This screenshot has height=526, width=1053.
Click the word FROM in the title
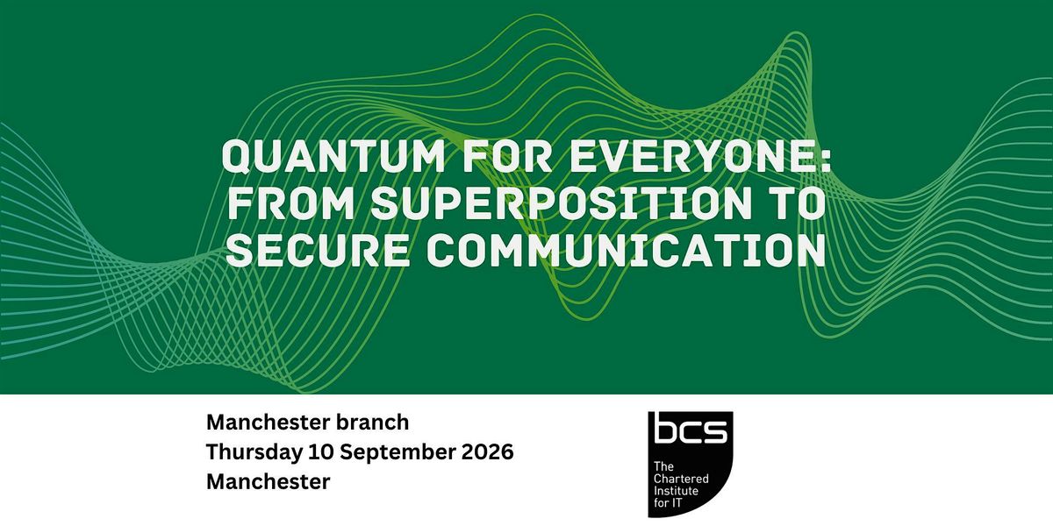click(291, 203)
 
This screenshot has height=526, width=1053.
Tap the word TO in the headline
click(798, 203)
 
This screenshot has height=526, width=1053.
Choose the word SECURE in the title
click(318, 251)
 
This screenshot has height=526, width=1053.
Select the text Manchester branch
click(307, 423)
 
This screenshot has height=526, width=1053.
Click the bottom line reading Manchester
click(268, 482)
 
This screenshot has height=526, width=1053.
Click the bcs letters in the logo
click(690, 430)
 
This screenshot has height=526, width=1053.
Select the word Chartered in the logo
click(681, 479)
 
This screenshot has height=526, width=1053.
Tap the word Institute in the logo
click(676, 491)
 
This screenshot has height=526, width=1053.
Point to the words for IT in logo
click(668, 503)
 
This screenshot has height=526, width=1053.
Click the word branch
click(372, 423)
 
